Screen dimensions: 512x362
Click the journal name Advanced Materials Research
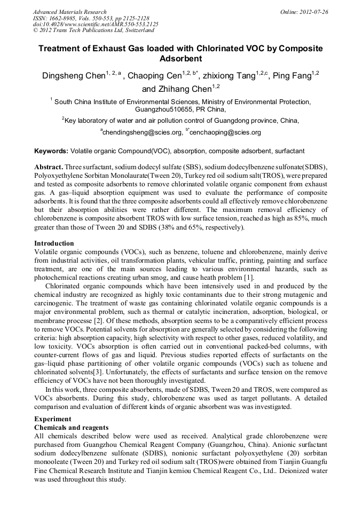(69, 12)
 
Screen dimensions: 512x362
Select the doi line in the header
(96, 25)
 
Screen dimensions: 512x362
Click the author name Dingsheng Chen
(73, 76)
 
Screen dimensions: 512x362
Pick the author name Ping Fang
(291, 76)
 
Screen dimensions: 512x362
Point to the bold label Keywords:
(51, 151)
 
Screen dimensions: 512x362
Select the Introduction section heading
(54, 243)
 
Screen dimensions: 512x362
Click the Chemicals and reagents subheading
(71, 428)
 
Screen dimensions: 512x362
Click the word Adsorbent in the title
(181, 59)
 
